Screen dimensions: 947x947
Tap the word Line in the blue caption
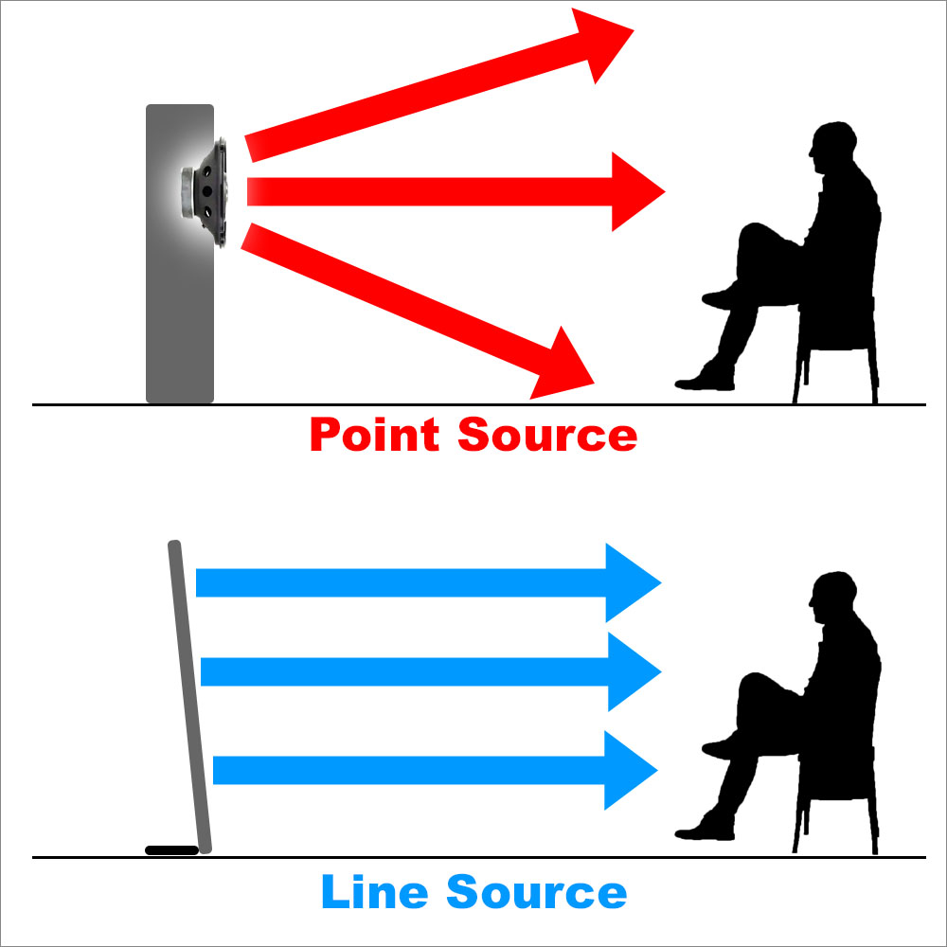374,892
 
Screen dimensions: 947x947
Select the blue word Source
536,892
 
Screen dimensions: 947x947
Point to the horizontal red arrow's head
634,191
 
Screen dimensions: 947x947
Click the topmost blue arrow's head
630,583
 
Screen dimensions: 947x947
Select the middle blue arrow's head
630,671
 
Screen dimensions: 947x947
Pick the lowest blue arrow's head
628,770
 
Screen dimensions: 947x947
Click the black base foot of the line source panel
171,849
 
